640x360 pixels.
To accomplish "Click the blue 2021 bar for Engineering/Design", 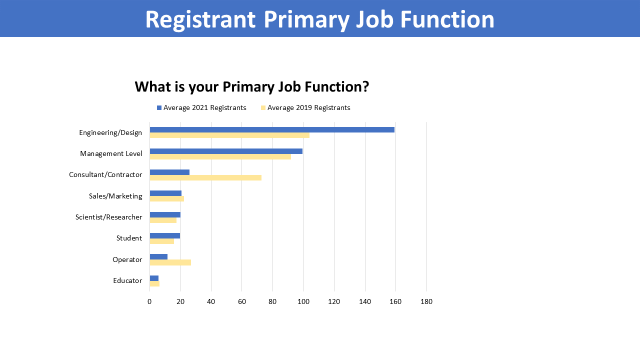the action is click(x=272, y=129).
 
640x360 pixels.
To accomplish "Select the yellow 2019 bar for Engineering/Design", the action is click(x=229, y=135).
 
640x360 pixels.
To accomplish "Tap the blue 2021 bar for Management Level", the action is click(x=226, y=151).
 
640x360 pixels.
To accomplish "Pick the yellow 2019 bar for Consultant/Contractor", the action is click(x=205, y=177).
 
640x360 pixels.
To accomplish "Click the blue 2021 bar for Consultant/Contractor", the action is click(x=169, y=172).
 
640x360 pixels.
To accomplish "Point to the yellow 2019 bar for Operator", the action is click(x=170, y=262).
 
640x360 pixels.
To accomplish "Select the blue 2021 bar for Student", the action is click(x=165, y=235).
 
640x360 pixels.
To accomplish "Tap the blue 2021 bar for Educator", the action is click(x=154, y=278).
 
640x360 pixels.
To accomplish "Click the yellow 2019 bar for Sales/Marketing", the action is click(x=167, y=199).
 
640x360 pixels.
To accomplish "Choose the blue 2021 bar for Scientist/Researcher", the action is click(x=165, y=215).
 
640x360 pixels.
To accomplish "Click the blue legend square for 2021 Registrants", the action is click(x=159, y=107).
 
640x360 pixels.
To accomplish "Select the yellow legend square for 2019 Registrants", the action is click(x=263, y=107).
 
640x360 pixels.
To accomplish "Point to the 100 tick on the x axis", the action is click(x=303, y=301).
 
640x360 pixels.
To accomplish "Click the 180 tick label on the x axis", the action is click(x=426, y=301).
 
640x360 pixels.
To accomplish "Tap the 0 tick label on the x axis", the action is click(x=149, y=301).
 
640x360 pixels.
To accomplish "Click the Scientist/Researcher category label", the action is click(x=108, y=217).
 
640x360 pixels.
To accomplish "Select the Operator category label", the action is click(x=127, y=259).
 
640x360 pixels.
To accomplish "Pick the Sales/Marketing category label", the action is click(x=115, y=196).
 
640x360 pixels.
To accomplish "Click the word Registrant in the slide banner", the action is click(x=200, y=19).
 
